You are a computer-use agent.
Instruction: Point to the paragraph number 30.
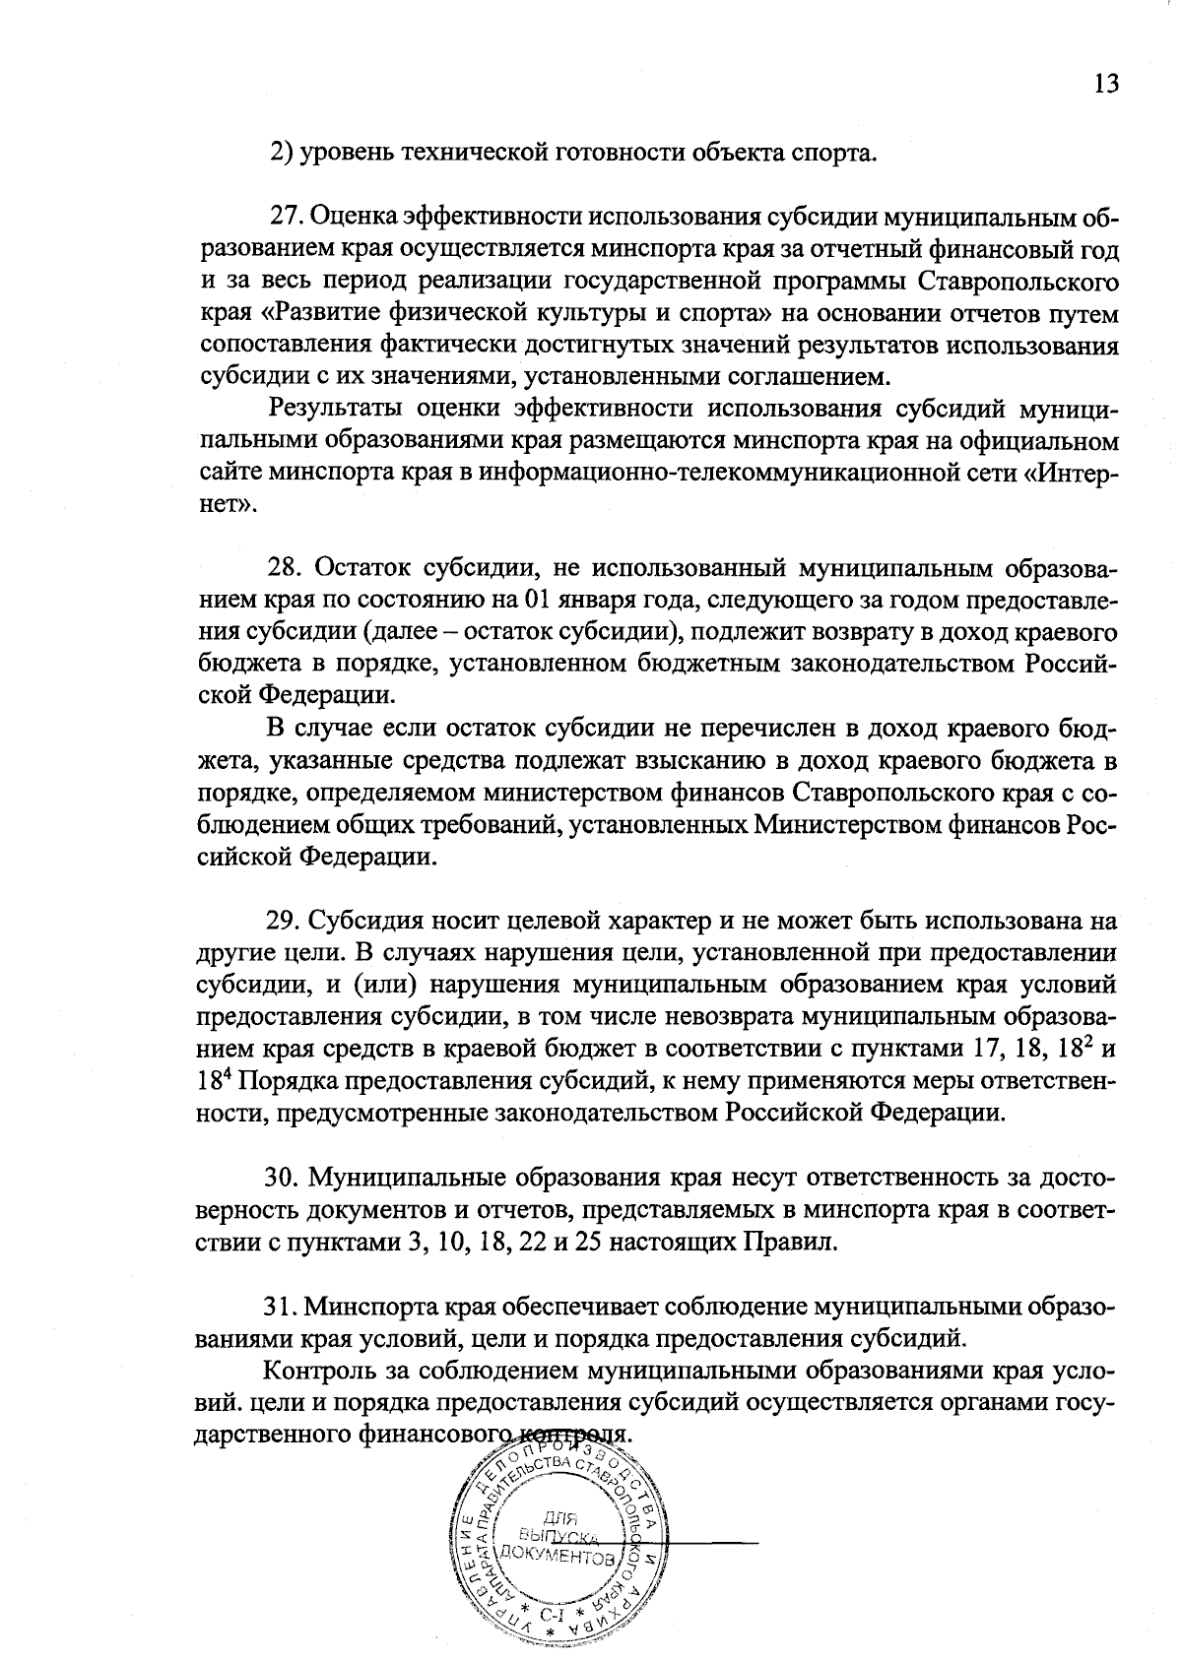tap(285, 1177)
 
